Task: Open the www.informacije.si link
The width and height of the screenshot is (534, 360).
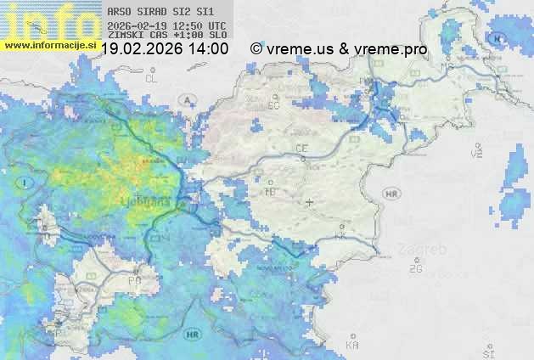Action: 48,43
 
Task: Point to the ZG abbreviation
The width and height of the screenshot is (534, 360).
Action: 415,269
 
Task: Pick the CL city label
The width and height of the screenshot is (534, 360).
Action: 152,78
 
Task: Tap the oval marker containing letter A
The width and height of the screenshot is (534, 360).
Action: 187,99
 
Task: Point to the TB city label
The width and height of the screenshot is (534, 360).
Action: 271,191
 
